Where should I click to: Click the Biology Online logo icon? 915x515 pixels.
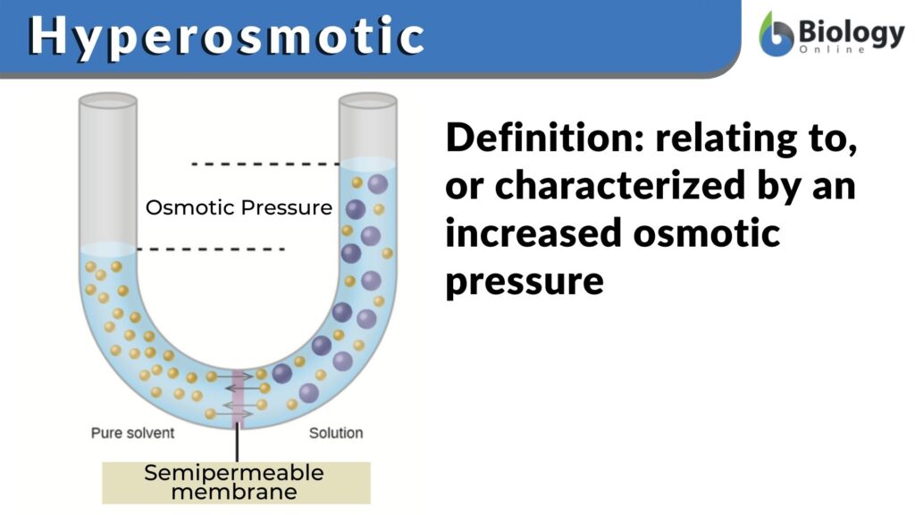coord(776,36)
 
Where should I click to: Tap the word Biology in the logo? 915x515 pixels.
coord(850,31)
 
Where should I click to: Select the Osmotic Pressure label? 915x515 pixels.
coord(239,207)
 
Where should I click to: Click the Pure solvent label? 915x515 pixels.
coord(132,433)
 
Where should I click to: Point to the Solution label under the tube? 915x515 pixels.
coord(336,433)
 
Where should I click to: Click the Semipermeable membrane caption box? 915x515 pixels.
coord(235,482)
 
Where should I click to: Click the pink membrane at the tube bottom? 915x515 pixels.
coord(238,397)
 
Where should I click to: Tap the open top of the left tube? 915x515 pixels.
coord(107,101)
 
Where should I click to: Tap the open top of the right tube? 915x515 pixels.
coord(367,101)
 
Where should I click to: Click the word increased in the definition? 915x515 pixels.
coord(534,233)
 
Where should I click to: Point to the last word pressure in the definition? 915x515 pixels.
coord(525,281)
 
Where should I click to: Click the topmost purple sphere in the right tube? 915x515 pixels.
coord(377,184)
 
